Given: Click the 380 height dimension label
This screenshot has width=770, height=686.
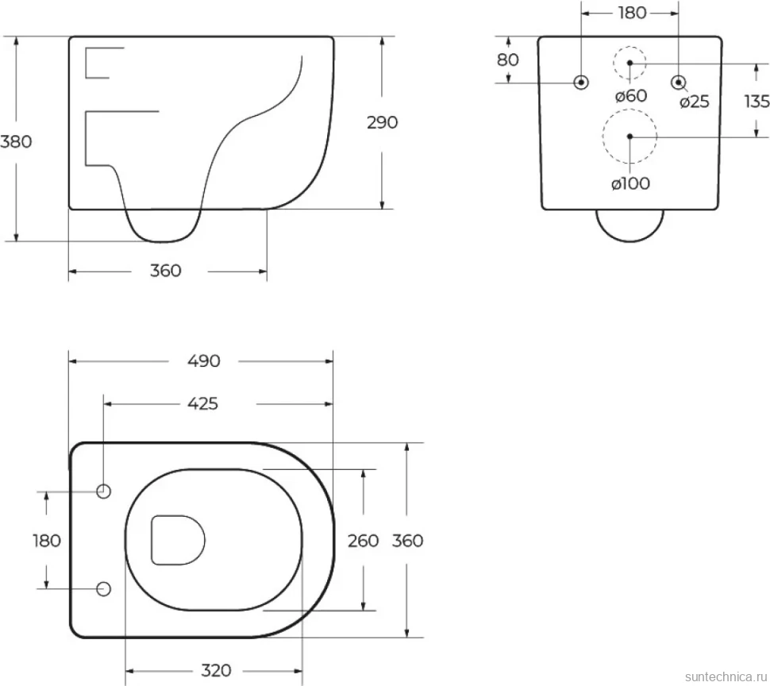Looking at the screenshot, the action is click(16, 141).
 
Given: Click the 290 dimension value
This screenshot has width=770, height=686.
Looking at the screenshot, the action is click(382, 122).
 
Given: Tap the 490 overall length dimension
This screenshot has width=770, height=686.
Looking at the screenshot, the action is click(204, 361).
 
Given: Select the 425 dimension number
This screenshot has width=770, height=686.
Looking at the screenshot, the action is click(202, 403).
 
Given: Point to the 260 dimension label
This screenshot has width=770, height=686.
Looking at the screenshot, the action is click(364, 541).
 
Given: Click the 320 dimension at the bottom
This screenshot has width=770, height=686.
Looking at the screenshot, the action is click(216, 670).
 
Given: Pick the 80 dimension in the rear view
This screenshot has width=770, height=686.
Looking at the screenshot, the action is click(508, 60).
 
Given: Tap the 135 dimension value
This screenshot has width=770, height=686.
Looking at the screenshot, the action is click(757, 101).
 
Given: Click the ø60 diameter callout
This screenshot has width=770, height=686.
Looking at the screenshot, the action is click(631, 96).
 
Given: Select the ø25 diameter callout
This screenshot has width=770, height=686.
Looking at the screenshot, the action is click(695, 102).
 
